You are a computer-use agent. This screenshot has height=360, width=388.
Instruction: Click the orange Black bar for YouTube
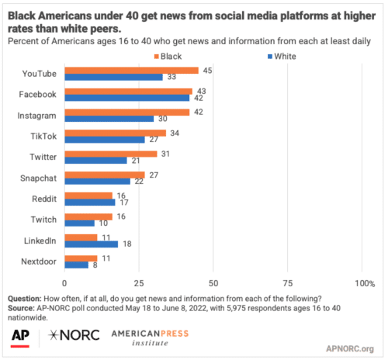(x=131, y=70)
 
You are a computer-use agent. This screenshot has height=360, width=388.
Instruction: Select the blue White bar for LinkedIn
(x=91, y=244)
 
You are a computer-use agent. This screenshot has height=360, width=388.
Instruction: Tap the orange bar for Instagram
(x=126, y=112)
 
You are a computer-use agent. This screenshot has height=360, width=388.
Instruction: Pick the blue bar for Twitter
(x=95, y=160)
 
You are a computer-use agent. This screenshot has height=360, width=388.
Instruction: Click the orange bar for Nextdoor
(x=81, y=258)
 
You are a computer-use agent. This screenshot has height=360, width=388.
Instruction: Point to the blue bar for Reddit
(x=89, y=202)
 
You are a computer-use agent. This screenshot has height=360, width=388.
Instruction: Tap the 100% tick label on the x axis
(x=363, y=282)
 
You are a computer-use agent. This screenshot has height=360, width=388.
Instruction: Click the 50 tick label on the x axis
(x=213, y=282)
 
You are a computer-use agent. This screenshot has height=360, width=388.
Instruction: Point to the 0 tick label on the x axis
(x=65, y=282)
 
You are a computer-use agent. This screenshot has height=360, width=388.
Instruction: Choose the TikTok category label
(x=46, y=135)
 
